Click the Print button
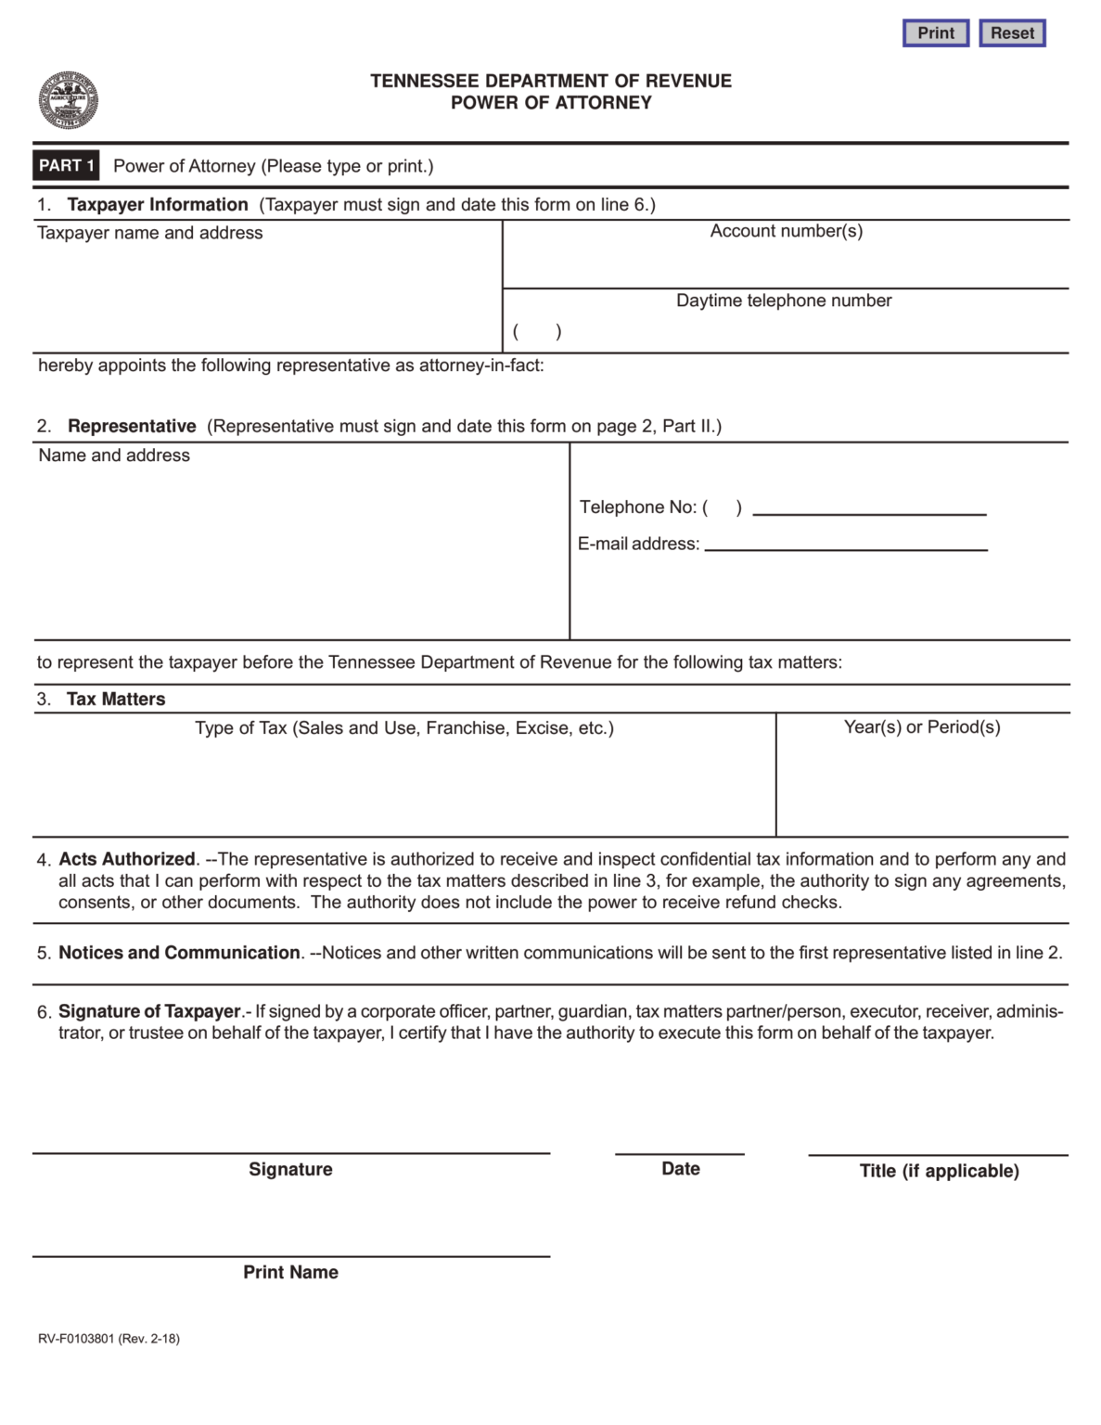tap(935, 33)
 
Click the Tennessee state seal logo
tap(68, 100)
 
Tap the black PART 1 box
tap(66, 166)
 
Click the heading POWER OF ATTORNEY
tap(551, 103)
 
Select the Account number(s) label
tap(786, 231)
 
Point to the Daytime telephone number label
tap(784, 301)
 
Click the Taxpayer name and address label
tap(149, 233)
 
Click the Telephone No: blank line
tap(869, 508)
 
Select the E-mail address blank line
tap(845, 545)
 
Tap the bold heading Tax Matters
tap(116, 700)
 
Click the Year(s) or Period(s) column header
tap(922, 727)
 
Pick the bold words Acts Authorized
tap(127, 859)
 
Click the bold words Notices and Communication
tap(179, 953)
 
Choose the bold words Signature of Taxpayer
tap(149, 1011)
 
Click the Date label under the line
tap(680, 1169)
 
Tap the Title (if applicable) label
tap(939, 1171)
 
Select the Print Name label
tap(290, 1272)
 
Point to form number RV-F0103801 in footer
tap(76, 1339)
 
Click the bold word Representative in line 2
tap(132, 426)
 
